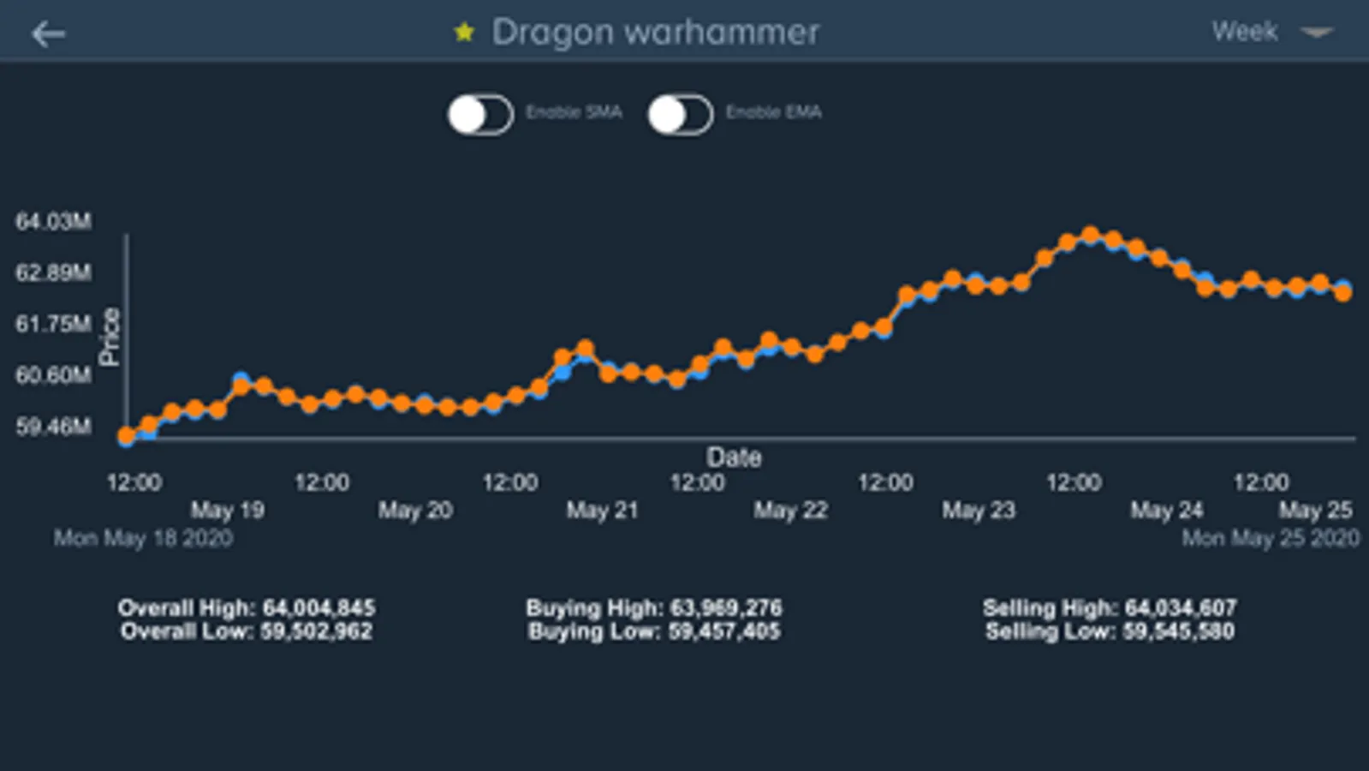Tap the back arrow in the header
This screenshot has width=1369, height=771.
point(48,33)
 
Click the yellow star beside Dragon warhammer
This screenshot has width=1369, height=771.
point(464,33)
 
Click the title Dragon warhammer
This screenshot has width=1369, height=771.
point(655,33)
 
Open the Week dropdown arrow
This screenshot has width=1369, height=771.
point(1316,33)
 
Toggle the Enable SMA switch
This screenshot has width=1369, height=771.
point(480,114)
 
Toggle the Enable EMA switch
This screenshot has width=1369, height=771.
point(681,114)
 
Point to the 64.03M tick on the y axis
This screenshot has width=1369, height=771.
point(53,221)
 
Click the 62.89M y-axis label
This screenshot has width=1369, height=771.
point(53,272)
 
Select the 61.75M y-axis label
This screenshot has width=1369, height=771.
point(53,324)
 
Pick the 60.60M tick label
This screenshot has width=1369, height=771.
point(53,374)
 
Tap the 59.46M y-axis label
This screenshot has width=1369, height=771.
point(53,426)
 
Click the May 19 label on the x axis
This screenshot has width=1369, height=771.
point(227,511)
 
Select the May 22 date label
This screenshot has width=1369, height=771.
point(790,511)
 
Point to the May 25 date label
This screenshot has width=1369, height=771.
point(1315,511)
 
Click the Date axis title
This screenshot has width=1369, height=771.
point(734,457)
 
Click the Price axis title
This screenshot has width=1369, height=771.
point(110,337)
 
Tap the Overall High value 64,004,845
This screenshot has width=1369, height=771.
point(318,608)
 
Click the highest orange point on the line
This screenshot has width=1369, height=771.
point(1090,235)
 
